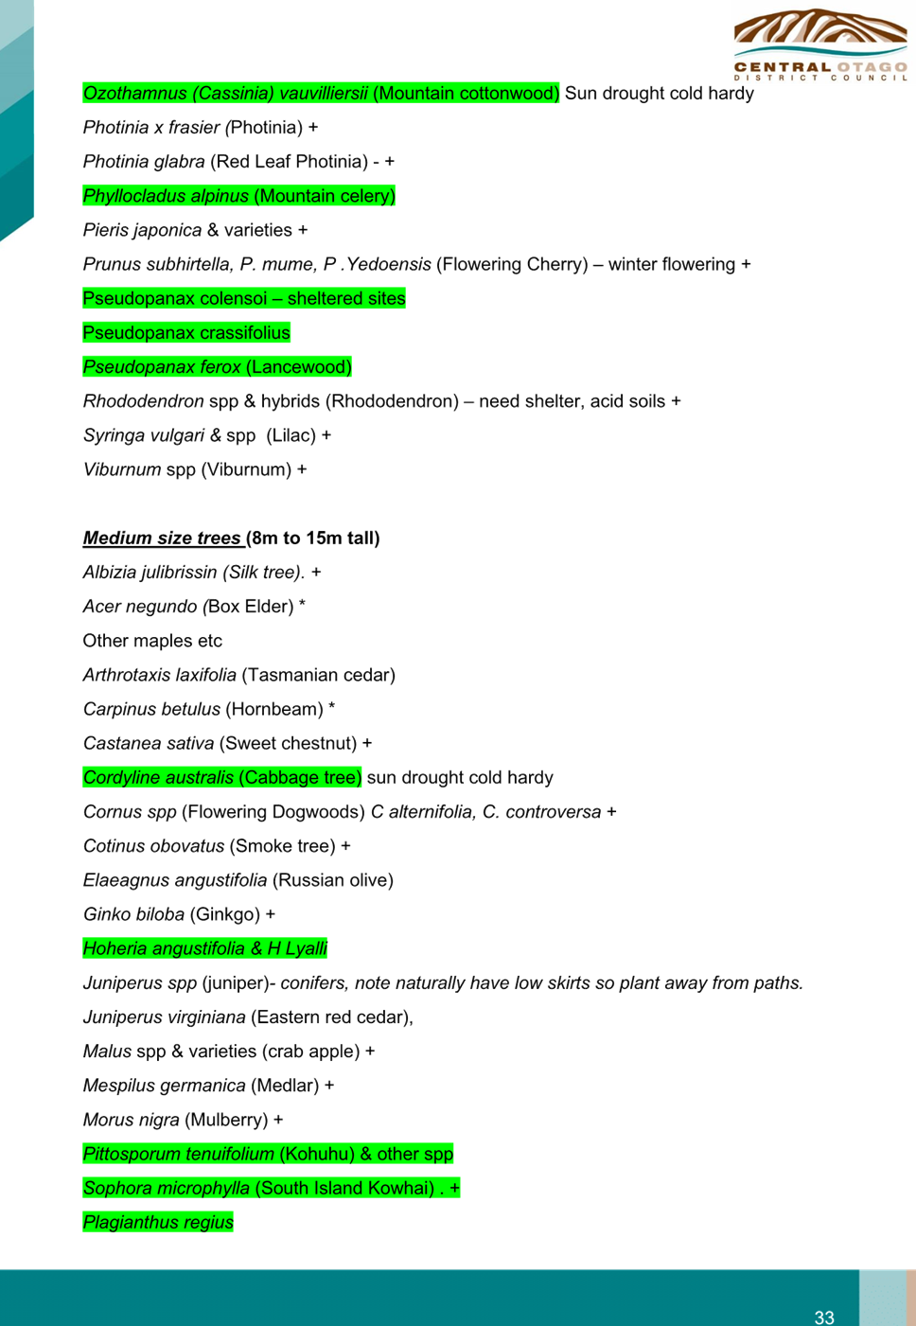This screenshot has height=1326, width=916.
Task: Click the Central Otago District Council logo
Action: click(820, 45)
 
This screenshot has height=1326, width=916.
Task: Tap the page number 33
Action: click(824, 1317)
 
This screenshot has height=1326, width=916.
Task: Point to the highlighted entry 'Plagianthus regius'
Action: click(158, 1222)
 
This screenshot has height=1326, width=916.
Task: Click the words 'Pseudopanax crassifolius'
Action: click(186, 333)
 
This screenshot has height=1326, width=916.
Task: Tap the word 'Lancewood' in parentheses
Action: click(299, 367)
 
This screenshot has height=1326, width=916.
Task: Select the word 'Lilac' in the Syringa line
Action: click(291, 435)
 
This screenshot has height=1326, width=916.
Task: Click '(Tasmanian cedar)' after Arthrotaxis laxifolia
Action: click(318, 675)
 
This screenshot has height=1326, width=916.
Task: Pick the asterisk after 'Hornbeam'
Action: click(331, 706)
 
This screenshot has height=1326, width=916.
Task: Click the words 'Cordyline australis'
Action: click(158, 777)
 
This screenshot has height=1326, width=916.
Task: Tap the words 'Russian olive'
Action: click(332, 880)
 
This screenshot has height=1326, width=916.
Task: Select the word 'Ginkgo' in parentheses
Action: click(225, 914)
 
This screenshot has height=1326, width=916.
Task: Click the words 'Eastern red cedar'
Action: click(331, 1017)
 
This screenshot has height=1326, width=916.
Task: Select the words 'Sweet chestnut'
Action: click(289, 744)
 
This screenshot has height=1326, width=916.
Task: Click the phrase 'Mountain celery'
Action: click(325, 196)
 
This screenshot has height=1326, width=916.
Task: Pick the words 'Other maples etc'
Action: click(152, 641)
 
